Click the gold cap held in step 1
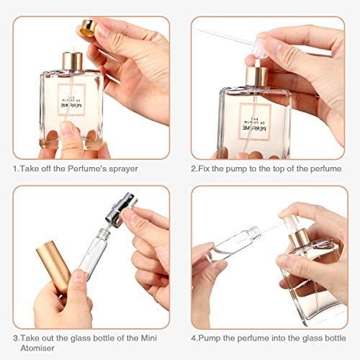click(89, 28)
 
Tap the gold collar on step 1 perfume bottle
click(73, 61)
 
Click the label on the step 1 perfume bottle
click(71, 99)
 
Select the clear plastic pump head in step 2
click(260, 50)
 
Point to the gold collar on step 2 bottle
click(256, 76)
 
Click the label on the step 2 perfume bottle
click(255, 122)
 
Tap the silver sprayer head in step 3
click(121, 210)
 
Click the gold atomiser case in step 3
click(54, 267)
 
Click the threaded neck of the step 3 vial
click(104, 233)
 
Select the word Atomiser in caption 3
click(37, 348)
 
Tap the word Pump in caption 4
click(210, 338)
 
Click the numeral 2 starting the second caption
click(194, 169)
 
